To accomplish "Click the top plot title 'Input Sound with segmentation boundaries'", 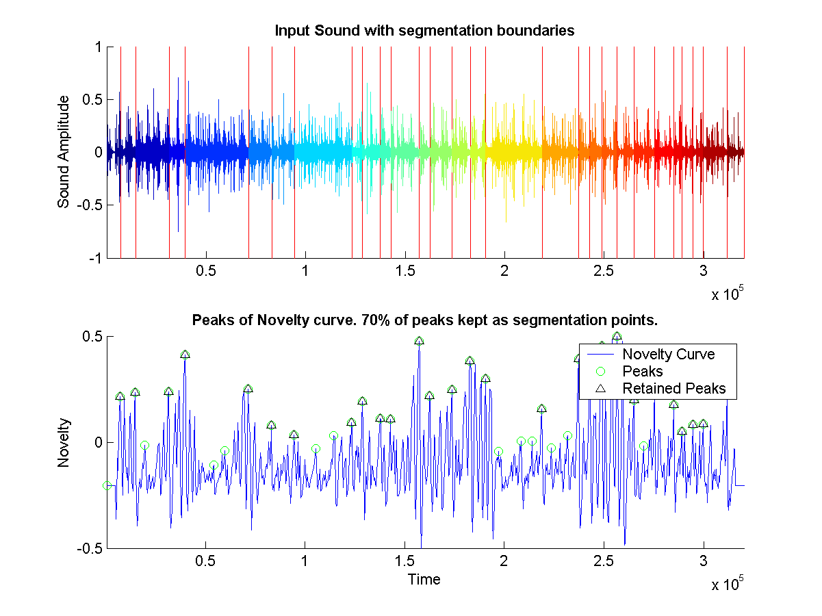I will (x=424, y=31).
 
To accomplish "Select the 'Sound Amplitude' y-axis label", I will (x=64, y=151).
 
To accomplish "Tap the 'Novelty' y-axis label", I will (x=64, y=442).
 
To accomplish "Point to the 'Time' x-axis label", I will (x=424, y=580).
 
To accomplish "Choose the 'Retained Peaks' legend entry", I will (x=673, y=389).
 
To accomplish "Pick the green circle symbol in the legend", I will (x=601, y=372).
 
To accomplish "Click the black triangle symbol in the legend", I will (x=601, y=389).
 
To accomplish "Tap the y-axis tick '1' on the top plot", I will (x=99, y=47).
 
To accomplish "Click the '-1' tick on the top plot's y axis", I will (x=96, y=258).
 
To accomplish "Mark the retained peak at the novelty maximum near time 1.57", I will (x=419, y=341).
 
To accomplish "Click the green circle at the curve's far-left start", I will (x=107, y=485).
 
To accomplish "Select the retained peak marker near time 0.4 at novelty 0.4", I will (x=185, y=355).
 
